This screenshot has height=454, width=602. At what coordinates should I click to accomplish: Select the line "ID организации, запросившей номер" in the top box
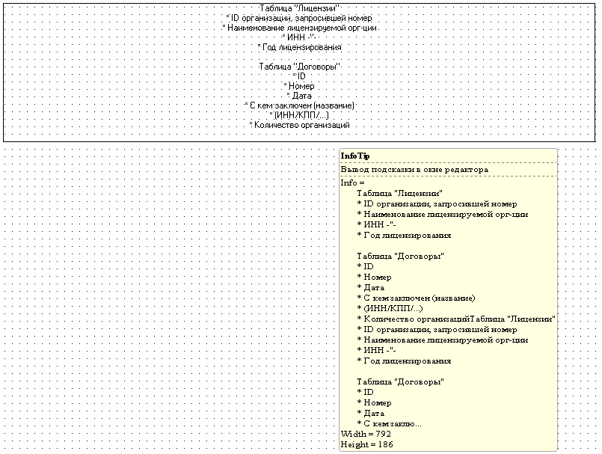(299, 18)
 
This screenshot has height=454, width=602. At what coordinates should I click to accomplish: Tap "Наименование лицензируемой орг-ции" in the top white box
(299, 28)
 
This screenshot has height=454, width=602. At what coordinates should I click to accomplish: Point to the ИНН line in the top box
(299, 37)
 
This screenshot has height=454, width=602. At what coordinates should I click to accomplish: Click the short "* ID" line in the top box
(299, 76)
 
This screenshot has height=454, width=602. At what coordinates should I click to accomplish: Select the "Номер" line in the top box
(299, 86)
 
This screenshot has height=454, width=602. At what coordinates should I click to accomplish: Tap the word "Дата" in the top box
(299, 96)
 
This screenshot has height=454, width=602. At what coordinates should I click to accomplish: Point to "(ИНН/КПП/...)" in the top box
(299, 115)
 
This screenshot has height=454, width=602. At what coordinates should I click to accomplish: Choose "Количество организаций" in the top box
(299, 125)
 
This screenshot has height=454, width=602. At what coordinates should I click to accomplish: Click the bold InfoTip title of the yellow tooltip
(355, 156)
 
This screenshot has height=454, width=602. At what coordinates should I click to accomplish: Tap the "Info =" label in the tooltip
(352, 182)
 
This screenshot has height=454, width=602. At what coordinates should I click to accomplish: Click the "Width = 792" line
(366, 434)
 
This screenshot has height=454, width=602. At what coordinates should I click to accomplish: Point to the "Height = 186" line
(367, 444)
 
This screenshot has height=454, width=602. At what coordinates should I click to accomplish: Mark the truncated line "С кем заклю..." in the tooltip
(389, 423)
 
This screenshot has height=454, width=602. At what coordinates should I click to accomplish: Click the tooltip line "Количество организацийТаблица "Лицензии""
(456, 319)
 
